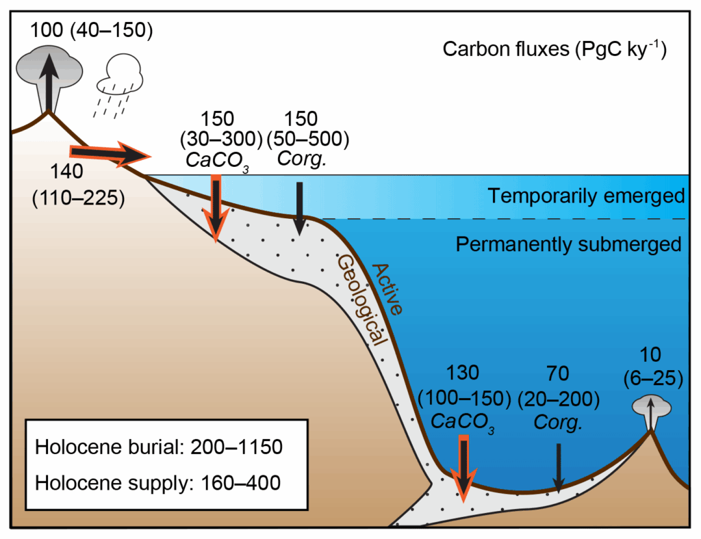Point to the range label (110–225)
tap(77, 198)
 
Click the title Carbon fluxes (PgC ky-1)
tap(555, 49)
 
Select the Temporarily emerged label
tap(586, 196)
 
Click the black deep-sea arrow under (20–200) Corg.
tap(559, 467)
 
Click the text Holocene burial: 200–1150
tap(159, 447)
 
